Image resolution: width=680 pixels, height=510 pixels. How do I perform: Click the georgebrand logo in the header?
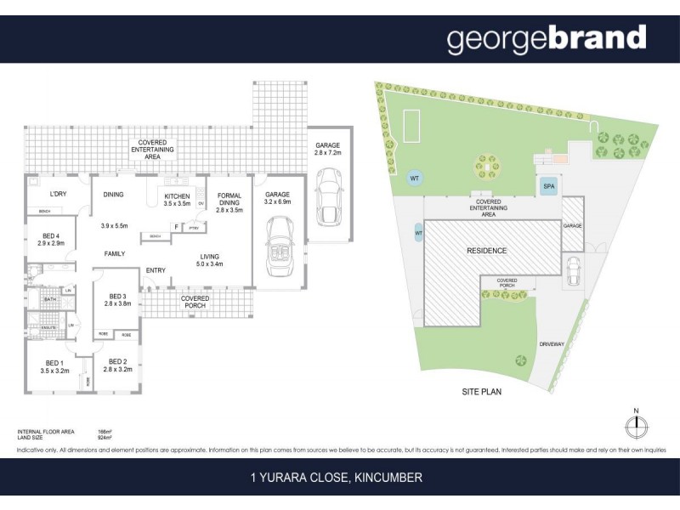point(547,39)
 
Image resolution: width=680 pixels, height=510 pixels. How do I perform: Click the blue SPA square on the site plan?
point(547,187)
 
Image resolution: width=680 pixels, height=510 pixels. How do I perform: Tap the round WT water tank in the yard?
point(415,178)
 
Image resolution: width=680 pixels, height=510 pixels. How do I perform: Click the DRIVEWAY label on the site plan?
point(552,343)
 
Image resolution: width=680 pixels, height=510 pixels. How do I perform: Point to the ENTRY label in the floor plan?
point(156,270)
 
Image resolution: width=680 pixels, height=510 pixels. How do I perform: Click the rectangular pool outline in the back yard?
point(412,125)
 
